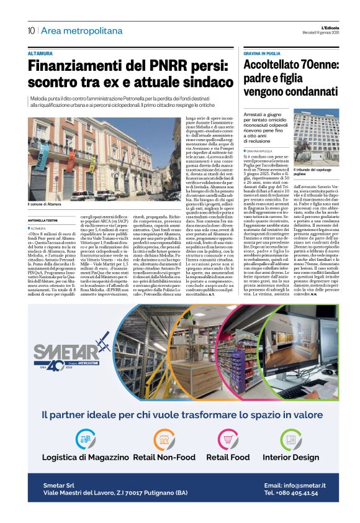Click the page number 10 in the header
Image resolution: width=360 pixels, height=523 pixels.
31,30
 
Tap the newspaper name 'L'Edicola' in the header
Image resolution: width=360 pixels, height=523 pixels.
322,27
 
